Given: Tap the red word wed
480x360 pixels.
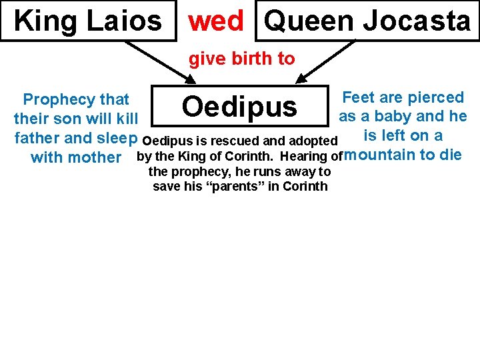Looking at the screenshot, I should [216, 21].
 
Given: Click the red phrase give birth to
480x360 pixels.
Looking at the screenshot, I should [241, 59].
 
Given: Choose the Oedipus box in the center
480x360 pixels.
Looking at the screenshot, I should [239, 106].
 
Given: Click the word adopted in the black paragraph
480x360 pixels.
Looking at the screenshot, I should [313, 141].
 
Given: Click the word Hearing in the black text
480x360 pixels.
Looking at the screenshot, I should [307, 157].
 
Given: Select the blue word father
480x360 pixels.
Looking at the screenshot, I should [37, 139].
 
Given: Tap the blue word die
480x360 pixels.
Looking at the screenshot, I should [451, 156].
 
